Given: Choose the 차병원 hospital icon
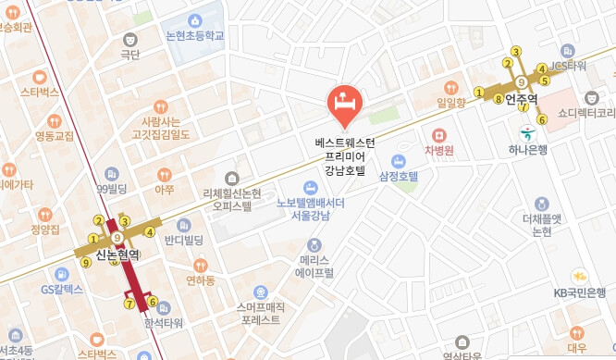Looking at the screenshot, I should coord(437,133).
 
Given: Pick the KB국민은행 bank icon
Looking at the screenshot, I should coord(580,276).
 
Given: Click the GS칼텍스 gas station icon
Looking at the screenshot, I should coord(62,274).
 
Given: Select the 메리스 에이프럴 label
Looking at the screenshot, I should coord(315,267).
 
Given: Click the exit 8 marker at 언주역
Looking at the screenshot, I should coord(498,98).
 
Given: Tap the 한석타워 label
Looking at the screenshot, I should coord(164,323).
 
